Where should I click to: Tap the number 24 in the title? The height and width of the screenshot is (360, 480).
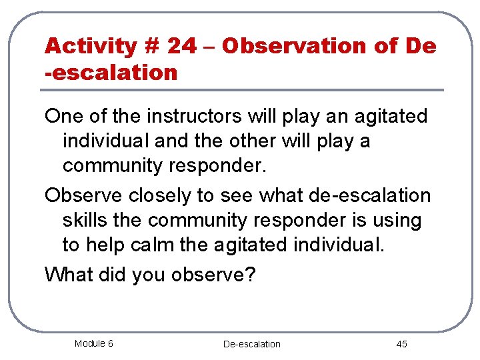(182, 46)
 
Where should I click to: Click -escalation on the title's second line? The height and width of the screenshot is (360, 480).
(111, 72)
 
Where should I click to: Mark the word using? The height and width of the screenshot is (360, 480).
(396, 221)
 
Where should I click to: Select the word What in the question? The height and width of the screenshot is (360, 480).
(67, 274)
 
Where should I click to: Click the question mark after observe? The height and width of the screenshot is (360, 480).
(250, 274)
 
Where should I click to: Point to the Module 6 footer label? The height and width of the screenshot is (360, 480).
(93, 343)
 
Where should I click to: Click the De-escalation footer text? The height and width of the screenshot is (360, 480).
(251, 344)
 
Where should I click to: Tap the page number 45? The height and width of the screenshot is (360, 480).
(401, 344)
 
